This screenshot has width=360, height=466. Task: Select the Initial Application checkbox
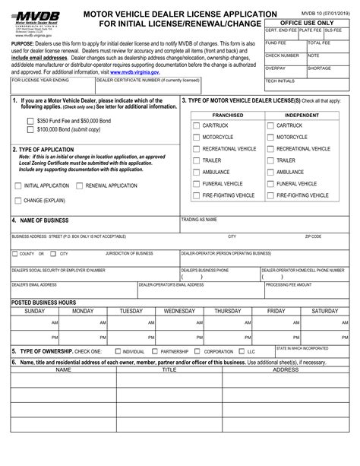coord(18,185)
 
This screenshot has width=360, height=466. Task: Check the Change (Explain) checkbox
coord(18,201)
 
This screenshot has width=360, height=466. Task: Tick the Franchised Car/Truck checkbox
coord(196,125)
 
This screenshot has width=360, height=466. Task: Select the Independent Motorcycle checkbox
coord(270,137)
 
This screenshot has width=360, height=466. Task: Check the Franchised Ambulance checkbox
coord(196,172)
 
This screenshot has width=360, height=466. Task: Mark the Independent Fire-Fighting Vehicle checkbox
coord(270,195)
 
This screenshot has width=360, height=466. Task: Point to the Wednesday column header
coord(179,311)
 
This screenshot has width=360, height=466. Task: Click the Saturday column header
coord(324,311)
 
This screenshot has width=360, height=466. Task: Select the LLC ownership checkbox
coord(242,352)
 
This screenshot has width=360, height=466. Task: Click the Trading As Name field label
coord(200,219)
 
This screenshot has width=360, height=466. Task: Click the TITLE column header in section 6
coord(169,369)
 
